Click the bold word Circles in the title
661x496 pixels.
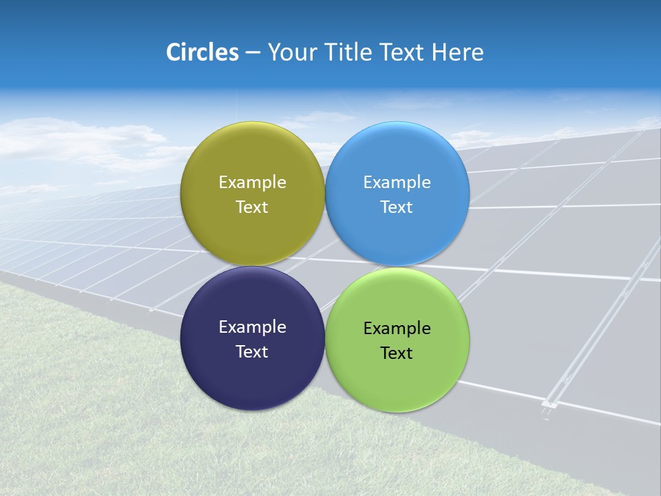(202, 52)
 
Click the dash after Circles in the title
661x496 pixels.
(253, 53)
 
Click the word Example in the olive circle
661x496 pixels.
(252, 183)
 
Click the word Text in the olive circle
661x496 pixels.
(252, 207)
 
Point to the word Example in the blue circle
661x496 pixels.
(397, 183)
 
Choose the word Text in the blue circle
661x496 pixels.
(397, 207)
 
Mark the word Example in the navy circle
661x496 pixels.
(252, 327)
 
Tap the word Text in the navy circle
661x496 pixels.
(252, 352)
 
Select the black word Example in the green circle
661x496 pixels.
(397, 329)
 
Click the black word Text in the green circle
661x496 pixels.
(397, 353)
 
